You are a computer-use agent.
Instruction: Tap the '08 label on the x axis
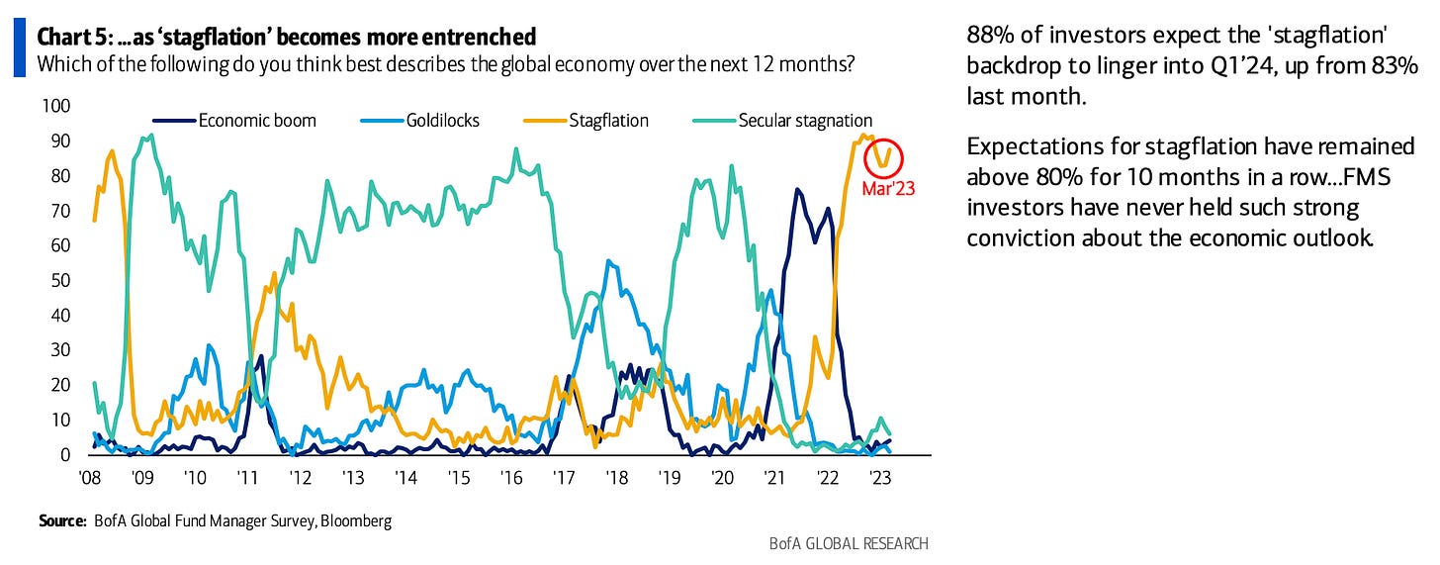(89, 477)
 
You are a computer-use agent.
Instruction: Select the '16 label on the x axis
(510, 477)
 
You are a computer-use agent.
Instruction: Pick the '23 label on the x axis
(877, 477)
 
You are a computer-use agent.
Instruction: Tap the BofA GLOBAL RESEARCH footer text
(849, 543)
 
